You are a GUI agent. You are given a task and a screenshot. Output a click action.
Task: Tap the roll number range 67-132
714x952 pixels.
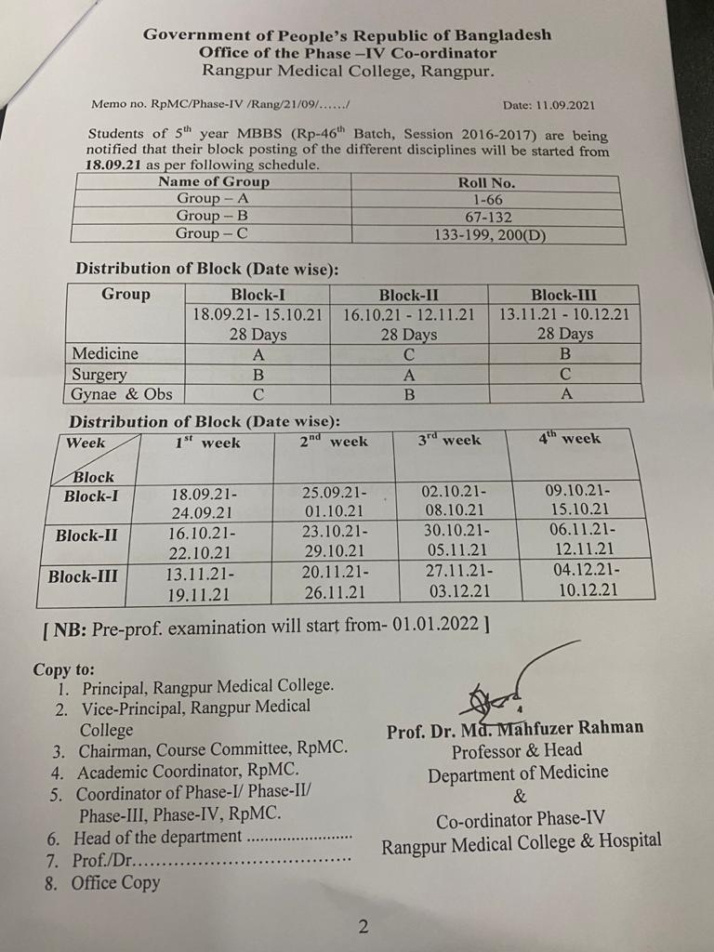[487, 216]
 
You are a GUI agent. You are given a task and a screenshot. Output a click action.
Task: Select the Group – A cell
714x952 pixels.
[213, 198]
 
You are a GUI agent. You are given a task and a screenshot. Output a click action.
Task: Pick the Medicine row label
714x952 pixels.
[105, 354]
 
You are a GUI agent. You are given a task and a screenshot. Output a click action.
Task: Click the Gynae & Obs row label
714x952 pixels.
[122, 394]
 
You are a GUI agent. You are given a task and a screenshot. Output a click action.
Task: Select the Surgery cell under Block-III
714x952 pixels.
[563, 374]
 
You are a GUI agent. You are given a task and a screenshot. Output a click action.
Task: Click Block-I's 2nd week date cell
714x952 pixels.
[335, 500]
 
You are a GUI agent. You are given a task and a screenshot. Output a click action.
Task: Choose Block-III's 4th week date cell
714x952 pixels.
[581, 580]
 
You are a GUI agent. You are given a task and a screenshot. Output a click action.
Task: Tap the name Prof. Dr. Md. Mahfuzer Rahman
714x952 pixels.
[515, 729]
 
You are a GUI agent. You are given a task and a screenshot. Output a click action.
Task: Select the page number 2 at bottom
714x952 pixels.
[364, 926]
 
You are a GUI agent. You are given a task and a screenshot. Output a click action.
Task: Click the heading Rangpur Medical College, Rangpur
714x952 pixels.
[348, 71]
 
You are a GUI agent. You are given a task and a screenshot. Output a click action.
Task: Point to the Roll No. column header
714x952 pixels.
[486, 182]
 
